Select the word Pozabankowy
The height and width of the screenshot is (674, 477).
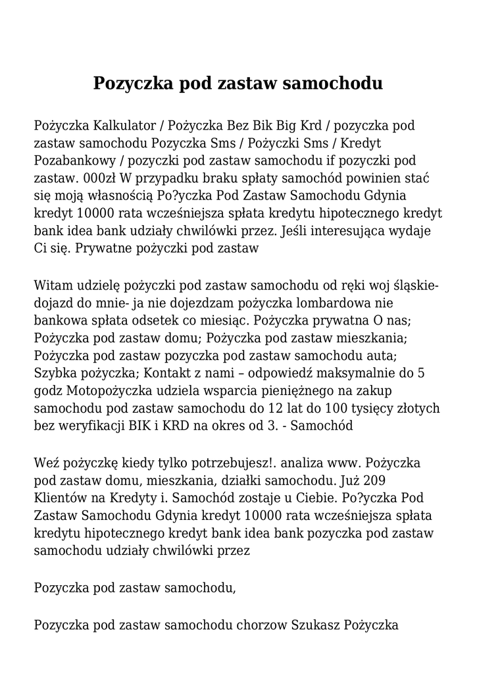[x=73, y=161]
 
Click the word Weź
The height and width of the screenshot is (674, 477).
[x=45, y=463]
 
